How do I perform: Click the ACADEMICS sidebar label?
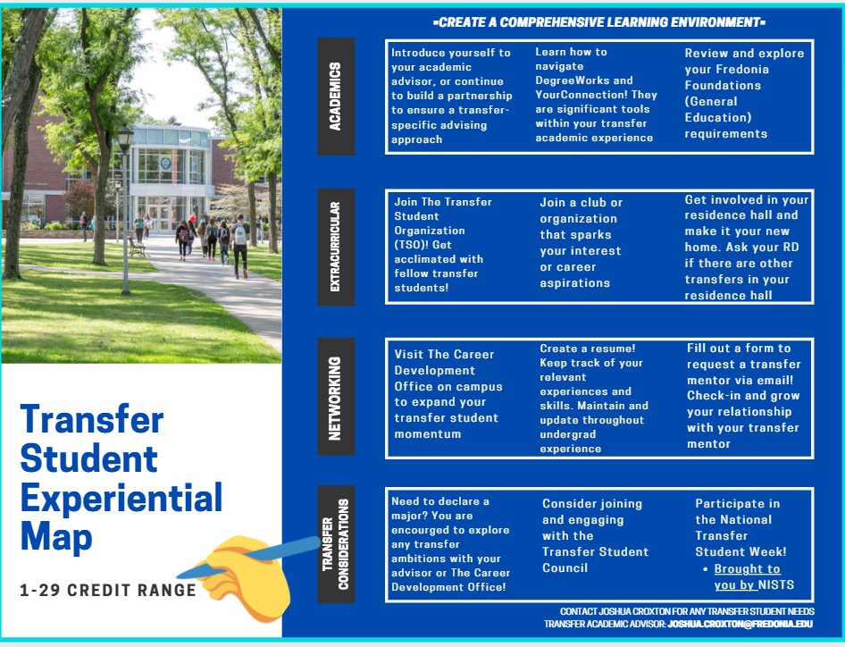click(x=336, y=97)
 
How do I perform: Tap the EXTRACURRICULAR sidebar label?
click(x=336, y=247)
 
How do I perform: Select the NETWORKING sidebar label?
click(x=336, y=399)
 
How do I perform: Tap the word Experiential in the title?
click(x=121, y=497)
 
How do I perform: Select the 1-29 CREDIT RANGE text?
click(x=108, y=591)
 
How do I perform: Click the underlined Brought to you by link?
click(x=747, y=576)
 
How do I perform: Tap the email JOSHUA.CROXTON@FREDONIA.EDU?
click(x=740, y=624)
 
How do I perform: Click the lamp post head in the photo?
click(x=125, y=139)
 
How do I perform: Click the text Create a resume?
click(x=587, y=349)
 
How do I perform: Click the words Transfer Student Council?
click(x=595, y=559)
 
